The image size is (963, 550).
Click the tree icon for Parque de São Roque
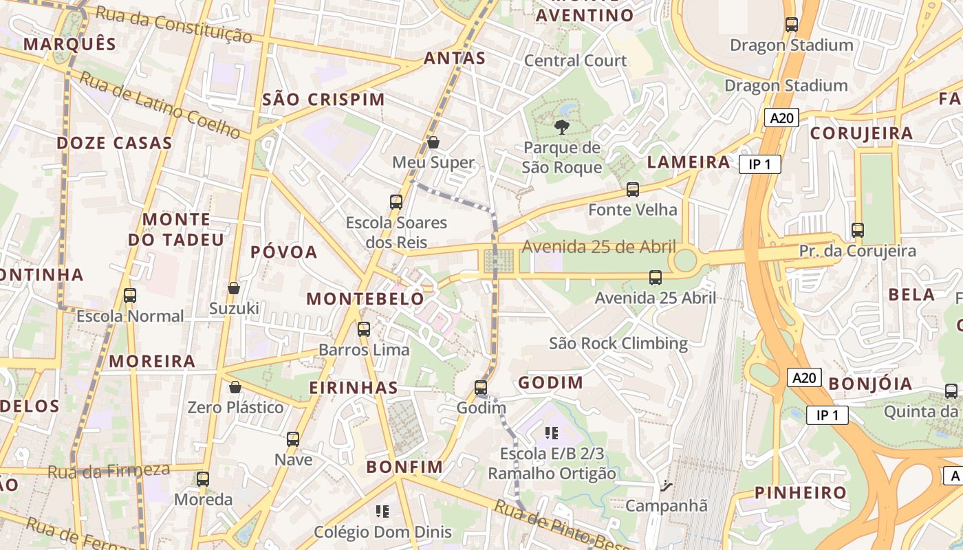click(561, 126)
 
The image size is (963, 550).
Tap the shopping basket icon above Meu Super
click(433, 142)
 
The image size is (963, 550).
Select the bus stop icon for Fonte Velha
click(632, 189)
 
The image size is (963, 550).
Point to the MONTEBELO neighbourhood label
click(365, 299)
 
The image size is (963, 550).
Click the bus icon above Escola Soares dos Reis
click(396, 201)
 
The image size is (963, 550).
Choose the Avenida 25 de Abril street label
click(598, 247)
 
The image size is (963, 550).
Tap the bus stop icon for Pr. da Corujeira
click(857, 230)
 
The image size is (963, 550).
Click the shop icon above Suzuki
click(234, 287)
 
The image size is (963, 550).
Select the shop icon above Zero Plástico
click(235, 387)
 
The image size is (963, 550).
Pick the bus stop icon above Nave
click(293, 439)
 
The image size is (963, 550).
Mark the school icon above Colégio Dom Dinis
click(382, 511)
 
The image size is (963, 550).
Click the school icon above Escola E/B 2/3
click(551, 432)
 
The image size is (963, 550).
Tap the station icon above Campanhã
click(665, 485)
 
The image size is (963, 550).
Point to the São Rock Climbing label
click(618, 343)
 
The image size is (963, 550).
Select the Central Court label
click(576, 60)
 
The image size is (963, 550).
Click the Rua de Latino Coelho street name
click(160, 104)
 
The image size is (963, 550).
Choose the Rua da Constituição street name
click(173, 25)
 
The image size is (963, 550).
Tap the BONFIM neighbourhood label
click(404, 467)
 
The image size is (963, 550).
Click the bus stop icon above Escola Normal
click(130, 296)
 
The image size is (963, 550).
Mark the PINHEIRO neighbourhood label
click(801, 492)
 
